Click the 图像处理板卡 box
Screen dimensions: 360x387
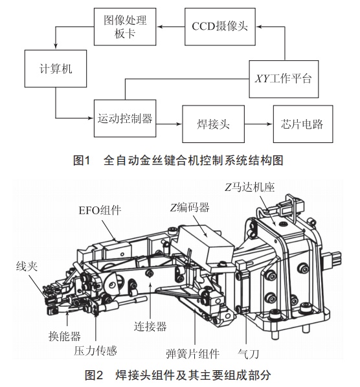tap(125, 27)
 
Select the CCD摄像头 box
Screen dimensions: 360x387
tap(220, 27)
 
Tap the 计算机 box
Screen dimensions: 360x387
tap(56, 69)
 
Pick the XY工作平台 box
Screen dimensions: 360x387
tap(284, 79)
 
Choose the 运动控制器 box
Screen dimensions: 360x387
tap(125, 118)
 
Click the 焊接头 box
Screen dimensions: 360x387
tap(213, 124)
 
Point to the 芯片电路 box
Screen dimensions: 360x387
tap(303, 124)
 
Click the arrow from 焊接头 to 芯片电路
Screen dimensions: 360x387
tap(259, 124)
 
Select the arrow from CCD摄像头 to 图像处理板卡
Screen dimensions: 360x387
tap(170, 27)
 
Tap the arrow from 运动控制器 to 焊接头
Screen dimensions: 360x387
tap(169, 124)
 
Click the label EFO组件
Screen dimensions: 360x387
tap(100, 210)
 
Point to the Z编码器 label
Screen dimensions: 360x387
tap(190, 208)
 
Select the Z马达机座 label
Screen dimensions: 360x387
tap(250, 187)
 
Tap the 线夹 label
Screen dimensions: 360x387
tap(27, 267)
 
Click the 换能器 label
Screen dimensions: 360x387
tap(65, 336)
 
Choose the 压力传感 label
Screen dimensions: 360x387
tap(95, 351)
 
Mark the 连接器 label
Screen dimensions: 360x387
tap(150, 326)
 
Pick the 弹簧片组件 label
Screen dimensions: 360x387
tap(193, 354)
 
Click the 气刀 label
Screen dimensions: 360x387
tap(248, 354)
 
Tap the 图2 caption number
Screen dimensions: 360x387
tap(94, 375)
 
